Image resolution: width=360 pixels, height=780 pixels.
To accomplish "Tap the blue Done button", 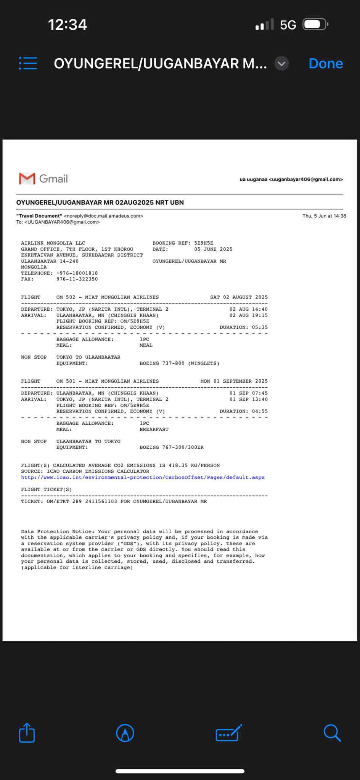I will point(325,63).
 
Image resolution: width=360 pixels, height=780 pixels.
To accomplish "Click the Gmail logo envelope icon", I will point(27,178).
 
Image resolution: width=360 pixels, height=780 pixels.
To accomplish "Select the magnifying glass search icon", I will point(332,732).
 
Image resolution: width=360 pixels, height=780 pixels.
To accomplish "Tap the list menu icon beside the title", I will point(28,63).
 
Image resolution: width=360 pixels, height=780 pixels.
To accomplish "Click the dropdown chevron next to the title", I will point(281,64).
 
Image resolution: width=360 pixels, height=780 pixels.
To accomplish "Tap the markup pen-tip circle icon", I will point(125,733).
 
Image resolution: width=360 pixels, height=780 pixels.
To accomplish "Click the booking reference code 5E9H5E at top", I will point(204,243).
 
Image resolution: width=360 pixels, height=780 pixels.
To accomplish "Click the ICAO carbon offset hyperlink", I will point(143,477).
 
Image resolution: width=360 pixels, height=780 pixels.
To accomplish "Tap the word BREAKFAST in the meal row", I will point(154,429).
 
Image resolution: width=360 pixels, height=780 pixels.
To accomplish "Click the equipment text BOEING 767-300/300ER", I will point(171,447).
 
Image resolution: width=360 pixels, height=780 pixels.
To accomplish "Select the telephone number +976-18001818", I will point(77,273).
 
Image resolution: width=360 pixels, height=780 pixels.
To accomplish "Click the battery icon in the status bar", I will point(315,25).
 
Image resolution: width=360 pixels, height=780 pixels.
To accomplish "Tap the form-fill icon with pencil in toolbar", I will point(228,733).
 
